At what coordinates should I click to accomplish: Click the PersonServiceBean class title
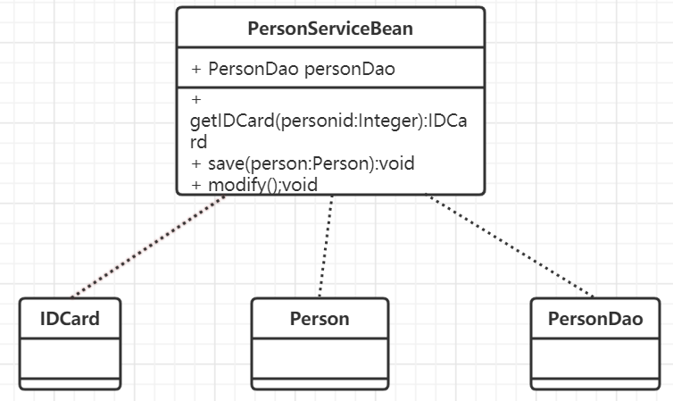330,29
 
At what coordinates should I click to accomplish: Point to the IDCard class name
70,319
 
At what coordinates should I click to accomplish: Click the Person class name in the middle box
320,319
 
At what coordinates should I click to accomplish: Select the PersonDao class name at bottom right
594,319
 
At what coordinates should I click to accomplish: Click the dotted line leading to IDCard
147,246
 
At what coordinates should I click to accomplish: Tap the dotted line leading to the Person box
326,246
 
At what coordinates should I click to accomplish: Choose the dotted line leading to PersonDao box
511,246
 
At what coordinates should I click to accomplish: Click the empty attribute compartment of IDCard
70,358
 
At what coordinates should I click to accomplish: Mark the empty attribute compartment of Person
320,358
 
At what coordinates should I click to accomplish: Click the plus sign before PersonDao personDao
196,70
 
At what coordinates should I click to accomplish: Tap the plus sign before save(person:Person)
196,164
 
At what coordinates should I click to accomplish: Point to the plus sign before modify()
196,184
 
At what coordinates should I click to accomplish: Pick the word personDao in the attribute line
350,70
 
